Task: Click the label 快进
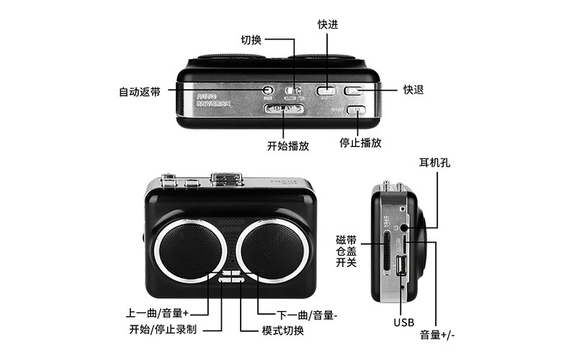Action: tap(328, 24)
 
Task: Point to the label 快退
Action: tap(413, 90)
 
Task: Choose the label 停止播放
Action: tap(360, 143)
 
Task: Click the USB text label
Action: tap(403, 322)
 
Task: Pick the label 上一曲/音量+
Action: tap(157, 314)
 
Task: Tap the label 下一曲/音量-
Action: tap(308, 315)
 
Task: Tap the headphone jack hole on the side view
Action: tap(404, 228)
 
